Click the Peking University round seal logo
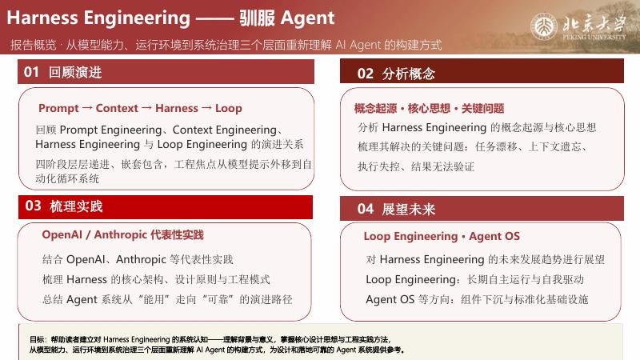(x=543, y=27)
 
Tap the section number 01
(x=31, y=72)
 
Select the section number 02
(x=365, y=74)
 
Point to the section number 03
(x=33, y=206)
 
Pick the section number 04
(x=365, y=209)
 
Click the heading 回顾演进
(x=75, y=72)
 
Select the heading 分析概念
(x=409, y=74)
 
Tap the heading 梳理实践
(x=76, y=206)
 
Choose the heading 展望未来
(x=409, y=210)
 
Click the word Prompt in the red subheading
(x=58, y=109)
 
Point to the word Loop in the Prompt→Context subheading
(x=229, y=109)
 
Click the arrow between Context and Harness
(x=147, y=108)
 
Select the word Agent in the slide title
(x=308, y=18)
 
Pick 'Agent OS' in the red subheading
(x=494, y=236)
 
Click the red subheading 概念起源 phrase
(x=375, y=109)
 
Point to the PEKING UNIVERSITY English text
(x=594, y=37)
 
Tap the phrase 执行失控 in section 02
(x=378, y=166)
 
